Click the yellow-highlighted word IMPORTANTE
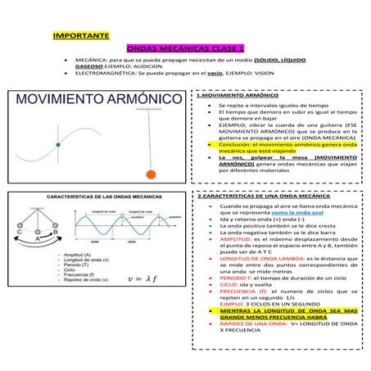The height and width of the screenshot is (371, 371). [80, 36]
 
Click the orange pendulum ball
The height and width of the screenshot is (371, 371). [150, 174]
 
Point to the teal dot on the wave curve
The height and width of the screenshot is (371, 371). [57, 145]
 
